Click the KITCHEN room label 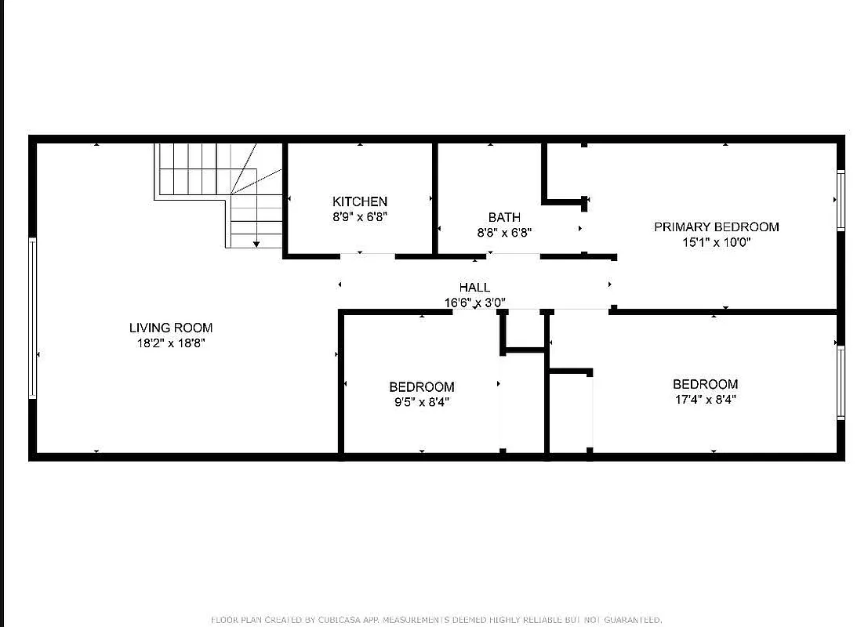point(359,201)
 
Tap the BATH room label point(504,217)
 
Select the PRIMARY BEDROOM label point(717,227)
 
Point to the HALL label point(474,288)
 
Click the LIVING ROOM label point(171,328)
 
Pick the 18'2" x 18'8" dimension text point(171,342)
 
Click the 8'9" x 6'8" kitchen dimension point(359,217)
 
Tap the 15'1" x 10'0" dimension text point(717,242)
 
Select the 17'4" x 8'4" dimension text point(705,399)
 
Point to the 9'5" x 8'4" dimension point(422,402)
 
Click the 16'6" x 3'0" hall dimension point(474,302)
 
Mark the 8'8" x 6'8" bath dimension point(504,232)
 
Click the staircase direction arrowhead point(256,245)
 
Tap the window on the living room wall point(33,317)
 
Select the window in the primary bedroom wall point(841,201)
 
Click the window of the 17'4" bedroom point(841,382)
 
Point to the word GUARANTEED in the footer point(630,620)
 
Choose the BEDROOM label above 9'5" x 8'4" point(422,387)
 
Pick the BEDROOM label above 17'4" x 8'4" point(705,384)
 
